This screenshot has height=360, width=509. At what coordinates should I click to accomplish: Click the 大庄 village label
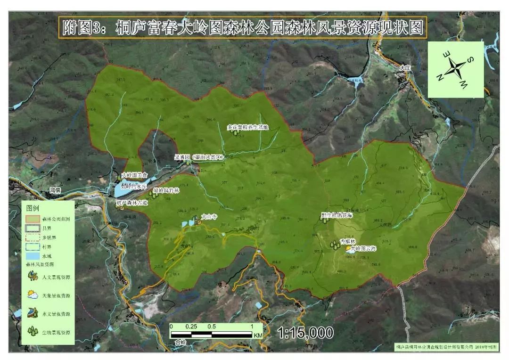click(x=405, y=68)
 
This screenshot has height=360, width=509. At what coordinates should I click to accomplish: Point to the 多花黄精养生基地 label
click(x=247, y=127)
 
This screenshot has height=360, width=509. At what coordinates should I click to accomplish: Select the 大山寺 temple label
click(x=209, y=217)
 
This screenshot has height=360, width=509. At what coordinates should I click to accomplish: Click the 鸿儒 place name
click(x=56, y=191)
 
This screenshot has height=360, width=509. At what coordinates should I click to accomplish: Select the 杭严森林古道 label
click(x=132, y=203)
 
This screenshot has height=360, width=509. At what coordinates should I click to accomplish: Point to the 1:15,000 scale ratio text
click(x=306, y=333)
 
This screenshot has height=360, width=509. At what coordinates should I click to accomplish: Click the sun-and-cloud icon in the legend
click(x=33, y=295)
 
